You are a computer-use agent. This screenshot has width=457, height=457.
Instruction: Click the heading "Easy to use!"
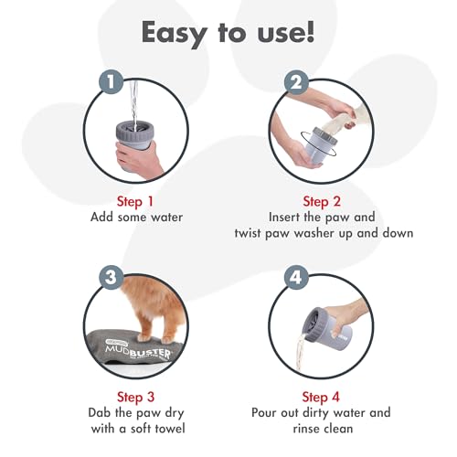(228, 33)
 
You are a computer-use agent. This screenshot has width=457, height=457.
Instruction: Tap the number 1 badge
(111, 82)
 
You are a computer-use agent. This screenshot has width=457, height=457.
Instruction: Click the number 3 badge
(111, 277)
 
